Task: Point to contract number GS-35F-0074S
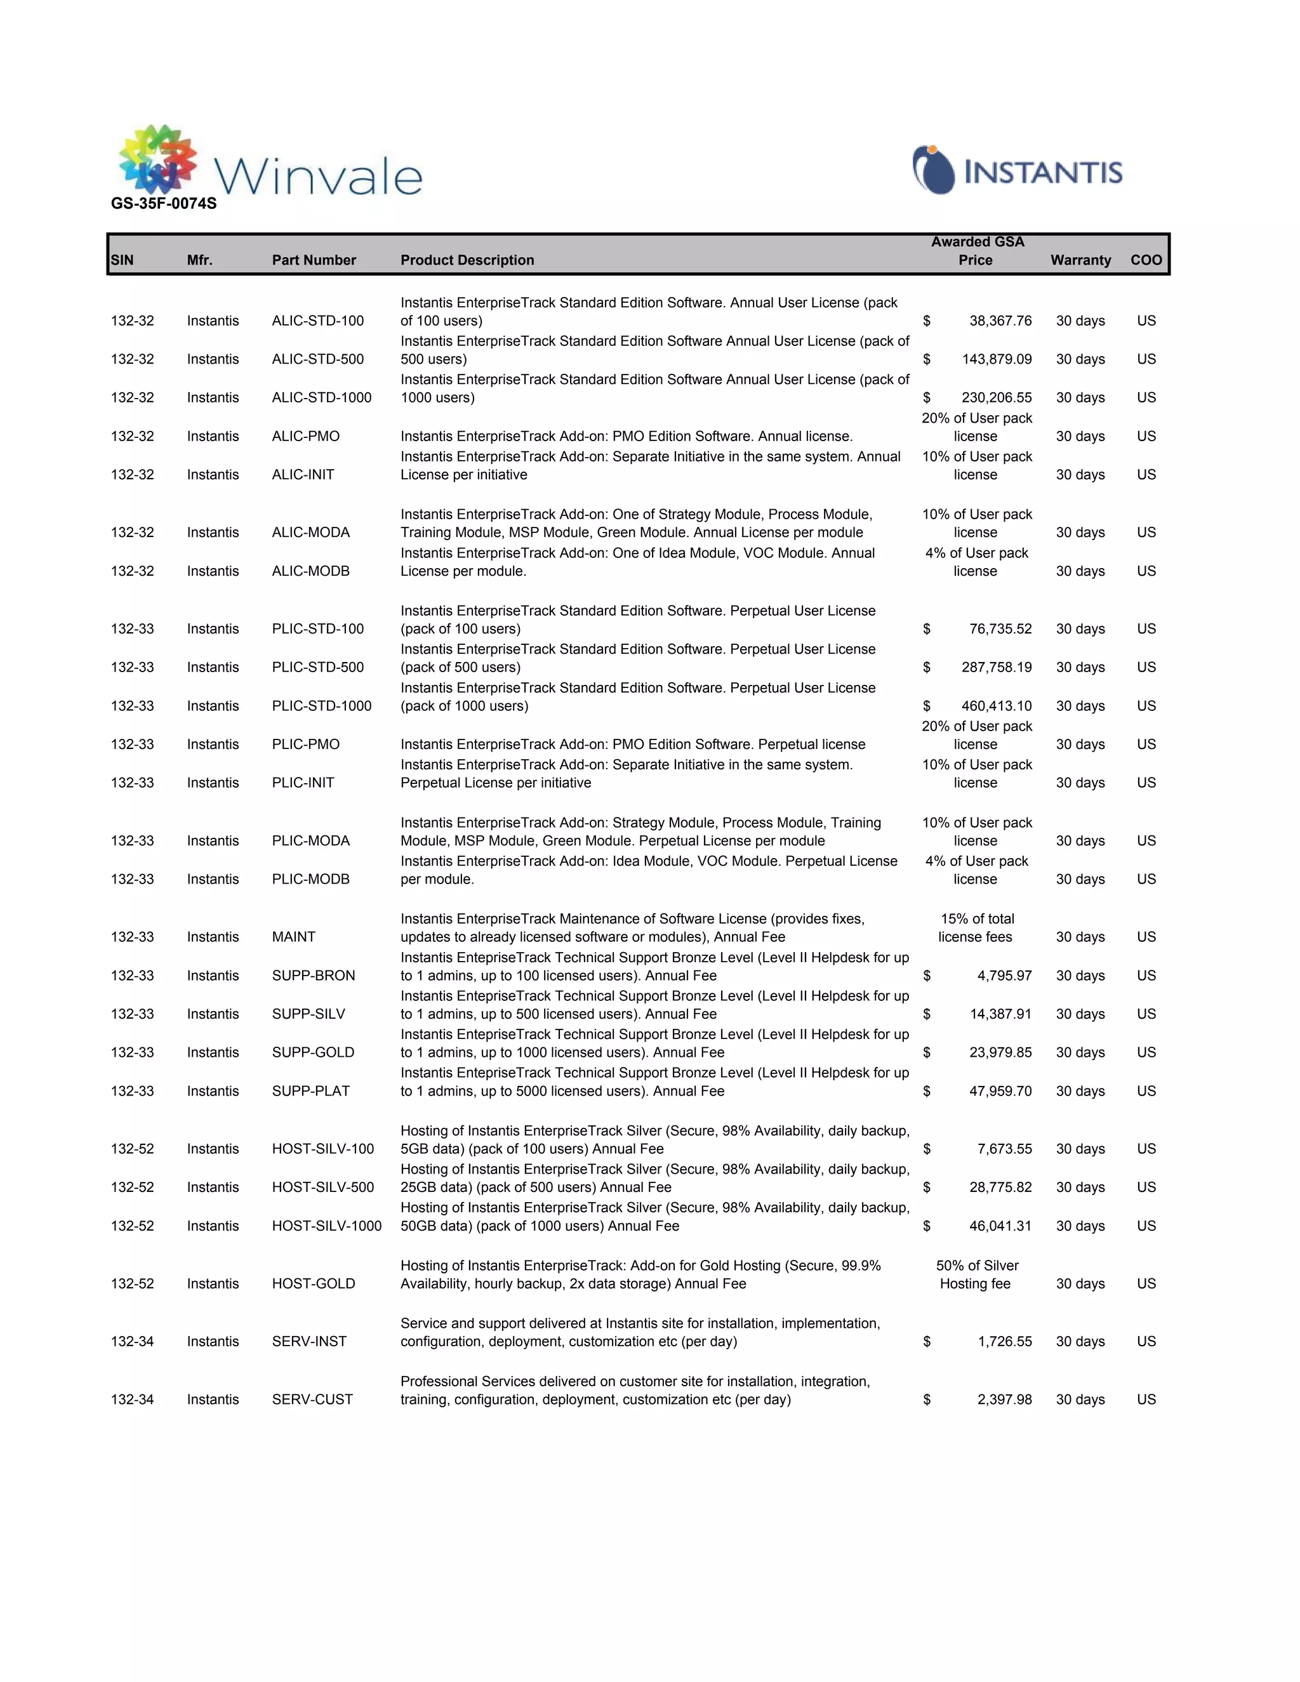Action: tap(164, 203)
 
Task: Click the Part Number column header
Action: tap(314, 260)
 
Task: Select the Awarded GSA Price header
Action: tap(976, 251)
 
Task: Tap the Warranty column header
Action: tap(1080, 260)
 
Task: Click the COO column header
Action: tap(1145, 260)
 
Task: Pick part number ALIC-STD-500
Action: tap(317, 359)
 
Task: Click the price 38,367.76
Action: tap(1000, 321)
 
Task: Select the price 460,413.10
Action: tap(996, 705)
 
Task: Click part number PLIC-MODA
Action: tap(310, 840)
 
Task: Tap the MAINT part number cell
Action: tap(293, 936)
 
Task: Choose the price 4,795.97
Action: tap(1004, 975)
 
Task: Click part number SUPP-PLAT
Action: tap(310, 1090)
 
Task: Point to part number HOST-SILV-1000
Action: tap(326, 1225)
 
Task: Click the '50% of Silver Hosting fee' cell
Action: tap(976, 1275)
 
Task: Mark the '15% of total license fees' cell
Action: tap(976, 928)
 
